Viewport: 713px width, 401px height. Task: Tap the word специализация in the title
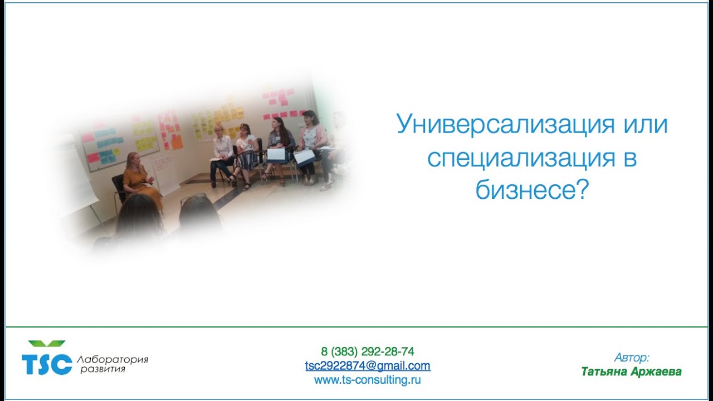pyautogui.click(x=519, y=159)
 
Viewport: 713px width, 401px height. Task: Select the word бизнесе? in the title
pyautogui.click(x=532, y=191)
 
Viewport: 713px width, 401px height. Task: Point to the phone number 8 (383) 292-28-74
pyautogui.click(x=368, y=351)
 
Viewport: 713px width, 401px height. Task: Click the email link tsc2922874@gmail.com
pyautogui.click(x=368, y=366)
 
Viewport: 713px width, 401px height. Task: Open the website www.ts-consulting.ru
pyautogui.click(x=368, y=380)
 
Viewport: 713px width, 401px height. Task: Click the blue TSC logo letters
pyautogui.click(x=47, y=364)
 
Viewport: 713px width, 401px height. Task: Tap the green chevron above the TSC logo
pyautogui.click(x=47, y=344)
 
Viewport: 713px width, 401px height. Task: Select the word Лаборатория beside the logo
pyautogui.click(x=113, y=359)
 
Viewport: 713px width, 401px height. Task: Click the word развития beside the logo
pyautogui.click(x=102, y=369)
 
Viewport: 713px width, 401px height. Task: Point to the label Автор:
pyautogui.click(x=632, y=358)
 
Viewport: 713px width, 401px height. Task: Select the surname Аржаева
pyautogui.click(x=657, y=371)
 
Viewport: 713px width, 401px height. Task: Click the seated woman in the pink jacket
pyautogui.click(x=312, y=142)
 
